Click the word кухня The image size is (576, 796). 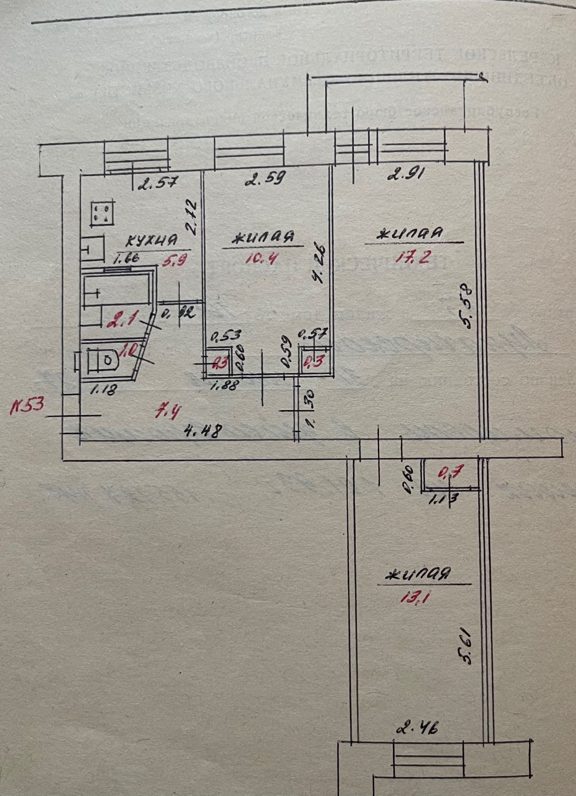pyautogui.click(x=151, y=240)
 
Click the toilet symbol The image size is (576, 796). pyautogui.click(x=102, y=360)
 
